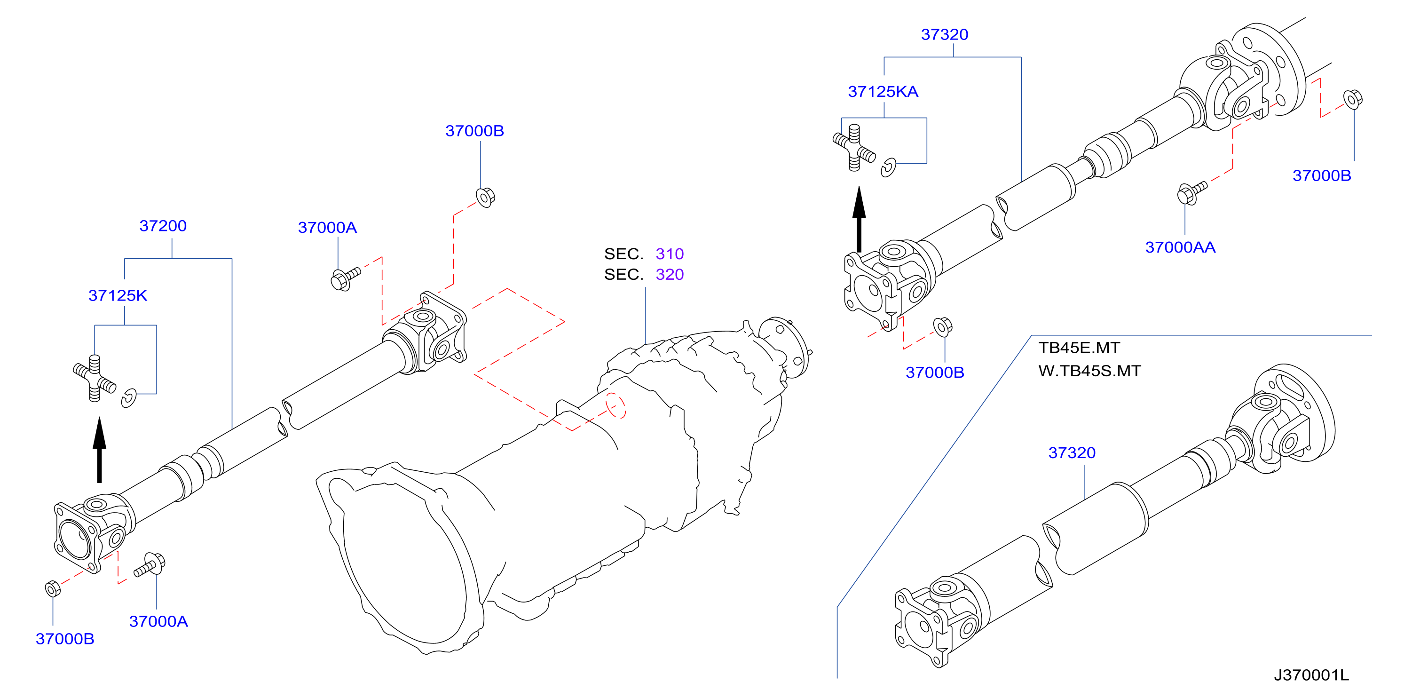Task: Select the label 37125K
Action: click(x=118, y=295)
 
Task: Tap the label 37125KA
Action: click(x=883, y=92)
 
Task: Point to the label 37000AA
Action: click(x=1180, y=247)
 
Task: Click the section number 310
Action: click(x=669, y=254)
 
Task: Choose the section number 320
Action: click(x=669, y=274)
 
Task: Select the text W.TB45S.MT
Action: click(x=1089, y=371)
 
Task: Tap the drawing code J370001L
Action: click(x=1311, y=675)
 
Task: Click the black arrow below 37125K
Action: click(x=99, y=450)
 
